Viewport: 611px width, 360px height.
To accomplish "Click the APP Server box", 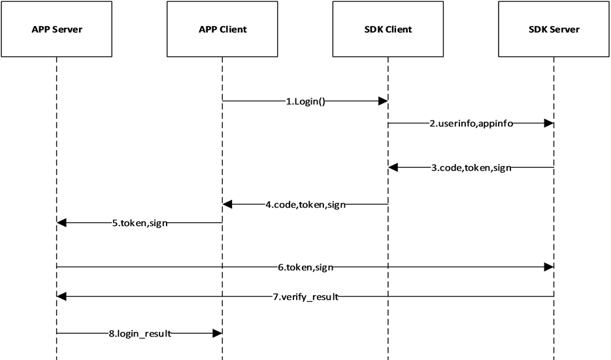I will pos(57,29).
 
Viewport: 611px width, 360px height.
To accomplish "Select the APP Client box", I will pos(222,29).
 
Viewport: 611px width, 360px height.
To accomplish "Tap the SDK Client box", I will pos(388,29).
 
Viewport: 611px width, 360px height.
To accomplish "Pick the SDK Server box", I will pos(553,29).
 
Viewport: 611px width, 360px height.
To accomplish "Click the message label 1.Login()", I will pos(306,102).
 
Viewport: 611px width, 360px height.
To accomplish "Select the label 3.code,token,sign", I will pos(471,168).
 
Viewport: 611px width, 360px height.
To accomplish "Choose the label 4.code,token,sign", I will pos(305,205).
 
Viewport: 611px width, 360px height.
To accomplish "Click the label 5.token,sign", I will pos(140,223).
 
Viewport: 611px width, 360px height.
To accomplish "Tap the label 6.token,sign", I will pos(306,267).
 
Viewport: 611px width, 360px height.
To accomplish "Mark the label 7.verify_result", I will pos(306,297).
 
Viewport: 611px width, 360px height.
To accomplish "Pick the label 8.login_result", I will pos(140,334).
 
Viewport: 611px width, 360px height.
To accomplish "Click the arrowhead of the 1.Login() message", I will pos(384,101).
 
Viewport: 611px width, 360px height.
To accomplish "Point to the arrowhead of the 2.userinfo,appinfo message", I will pos(549,123).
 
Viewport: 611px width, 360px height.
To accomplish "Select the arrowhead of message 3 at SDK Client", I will pos(393,167).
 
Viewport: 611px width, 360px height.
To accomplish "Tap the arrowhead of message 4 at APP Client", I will pos(227,205).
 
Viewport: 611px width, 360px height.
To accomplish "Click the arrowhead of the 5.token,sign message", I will pos(62,223).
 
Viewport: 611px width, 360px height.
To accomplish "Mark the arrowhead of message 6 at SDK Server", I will pos(549,267).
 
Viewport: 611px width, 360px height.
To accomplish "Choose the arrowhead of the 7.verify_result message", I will pos(62,297).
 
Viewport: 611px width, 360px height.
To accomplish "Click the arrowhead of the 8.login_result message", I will pos(218,333).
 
